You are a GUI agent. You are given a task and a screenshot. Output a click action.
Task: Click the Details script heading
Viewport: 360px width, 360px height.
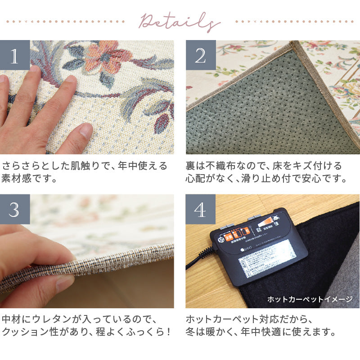(179, 21)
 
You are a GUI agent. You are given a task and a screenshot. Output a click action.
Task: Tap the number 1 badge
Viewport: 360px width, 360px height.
(15, 55)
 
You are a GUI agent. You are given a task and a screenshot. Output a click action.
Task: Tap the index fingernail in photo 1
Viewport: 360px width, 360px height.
(84, 131)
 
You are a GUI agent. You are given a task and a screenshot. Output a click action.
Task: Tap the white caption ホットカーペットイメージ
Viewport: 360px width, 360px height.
(310, 299)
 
